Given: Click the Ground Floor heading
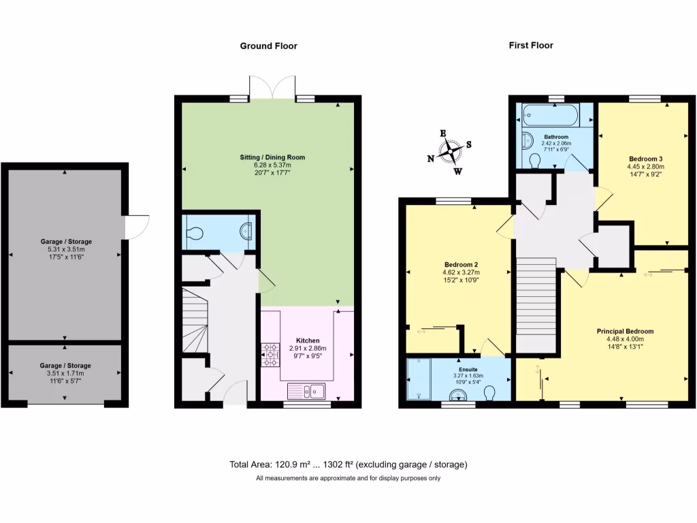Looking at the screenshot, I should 268,46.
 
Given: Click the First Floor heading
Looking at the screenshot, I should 531,46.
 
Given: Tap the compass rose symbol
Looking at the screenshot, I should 450,152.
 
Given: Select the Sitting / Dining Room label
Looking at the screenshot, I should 272,157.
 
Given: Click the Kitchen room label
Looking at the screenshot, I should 308,340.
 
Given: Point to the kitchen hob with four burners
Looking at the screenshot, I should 271,354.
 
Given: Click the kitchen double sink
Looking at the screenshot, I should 307,391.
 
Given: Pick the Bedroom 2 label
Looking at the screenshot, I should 458,264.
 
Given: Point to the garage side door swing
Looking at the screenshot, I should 137,227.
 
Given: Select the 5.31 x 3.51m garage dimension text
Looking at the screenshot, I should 65,250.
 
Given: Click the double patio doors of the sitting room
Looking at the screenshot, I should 272,87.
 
